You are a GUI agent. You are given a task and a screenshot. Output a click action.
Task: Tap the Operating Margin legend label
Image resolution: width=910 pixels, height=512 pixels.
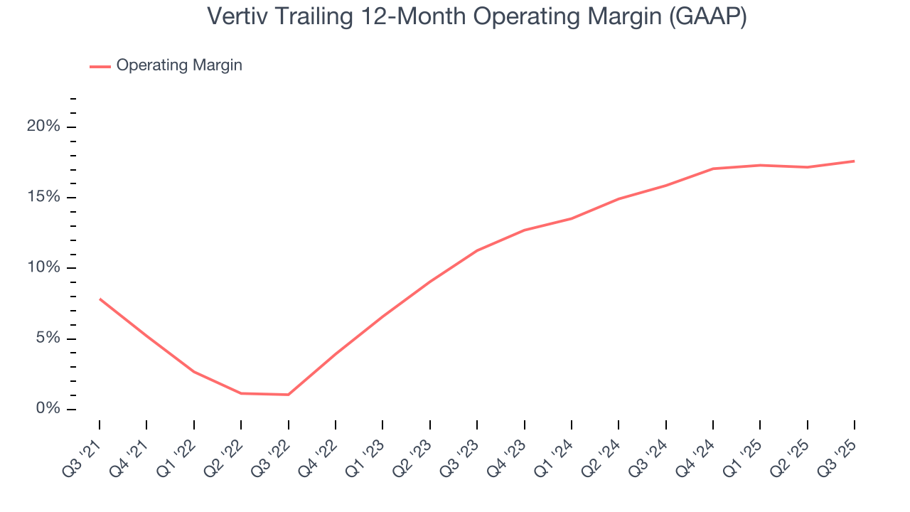[x=179, y=65]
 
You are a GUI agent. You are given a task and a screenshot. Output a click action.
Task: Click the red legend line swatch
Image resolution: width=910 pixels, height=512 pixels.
[x=100, y=66]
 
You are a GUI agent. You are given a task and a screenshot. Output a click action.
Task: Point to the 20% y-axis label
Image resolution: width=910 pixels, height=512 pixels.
[x=43, y=127]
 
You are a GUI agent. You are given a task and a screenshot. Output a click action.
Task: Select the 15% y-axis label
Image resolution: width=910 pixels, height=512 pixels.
[x=43, y=197]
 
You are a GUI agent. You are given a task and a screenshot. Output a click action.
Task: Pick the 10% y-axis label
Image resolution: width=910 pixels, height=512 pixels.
[x=43, y=267]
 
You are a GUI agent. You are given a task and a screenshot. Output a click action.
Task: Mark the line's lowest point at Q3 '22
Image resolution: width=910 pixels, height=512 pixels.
[x=288, y=395]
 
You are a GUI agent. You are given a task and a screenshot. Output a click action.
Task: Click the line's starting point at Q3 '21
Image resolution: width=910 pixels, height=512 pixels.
[x=100, y=299]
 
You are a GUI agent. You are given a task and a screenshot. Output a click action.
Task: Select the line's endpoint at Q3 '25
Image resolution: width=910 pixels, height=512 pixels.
[x=854, y=161]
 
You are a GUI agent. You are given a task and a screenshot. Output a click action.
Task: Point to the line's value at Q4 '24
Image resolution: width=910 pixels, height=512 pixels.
[x=712, y=169]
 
